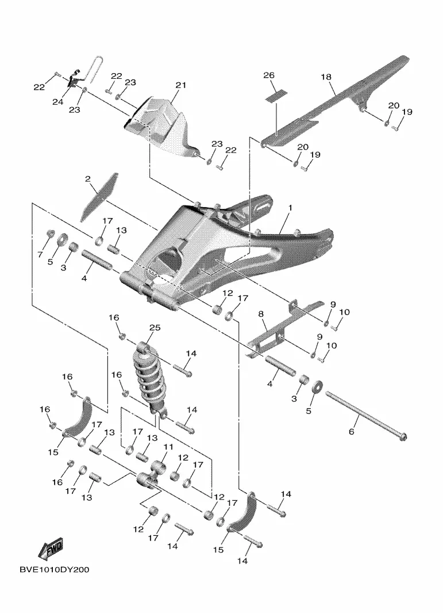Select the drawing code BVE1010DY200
[54, 569]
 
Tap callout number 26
[269, 76]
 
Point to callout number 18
[326, 76]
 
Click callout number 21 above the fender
[182, 85]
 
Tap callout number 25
[155, 328]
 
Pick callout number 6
[352, 431]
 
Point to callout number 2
[88, 179]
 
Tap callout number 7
[40, 254]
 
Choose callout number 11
[168, 447]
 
